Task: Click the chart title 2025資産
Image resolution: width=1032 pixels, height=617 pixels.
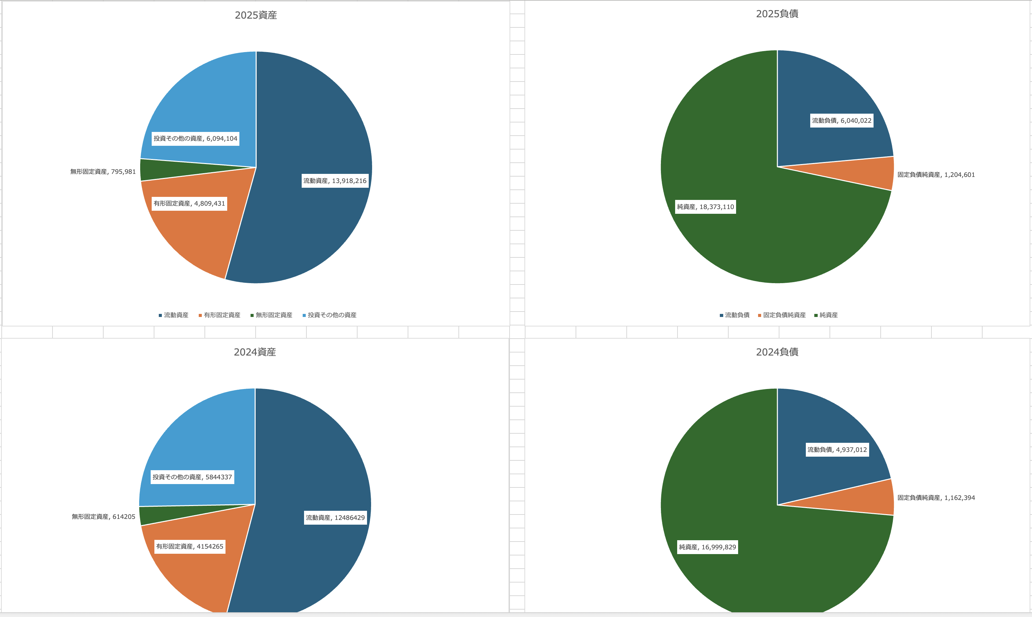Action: point(256,15)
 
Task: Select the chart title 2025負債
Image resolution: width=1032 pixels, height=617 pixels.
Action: point(777,14)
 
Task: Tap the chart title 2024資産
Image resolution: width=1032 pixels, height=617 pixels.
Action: point(255,352)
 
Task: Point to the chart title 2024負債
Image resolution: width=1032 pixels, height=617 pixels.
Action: point(777,352)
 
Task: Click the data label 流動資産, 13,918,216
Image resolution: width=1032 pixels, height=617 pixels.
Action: point(335,181)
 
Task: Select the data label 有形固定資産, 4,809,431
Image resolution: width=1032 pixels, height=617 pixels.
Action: point(189,203)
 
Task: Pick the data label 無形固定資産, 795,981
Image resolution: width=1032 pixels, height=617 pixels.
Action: point(103,172)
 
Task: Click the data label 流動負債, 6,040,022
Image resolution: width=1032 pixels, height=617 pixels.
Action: point(841,120)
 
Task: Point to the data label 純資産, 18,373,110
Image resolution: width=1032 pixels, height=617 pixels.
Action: point(705,207)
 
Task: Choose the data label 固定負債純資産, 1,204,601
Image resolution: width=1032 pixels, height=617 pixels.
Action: point(936,175)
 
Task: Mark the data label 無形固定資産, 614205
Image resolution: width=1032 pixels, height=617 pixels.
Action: point(103,517)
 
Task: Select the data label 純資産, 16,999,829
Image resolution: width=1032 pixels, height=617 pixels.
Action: point(707,547)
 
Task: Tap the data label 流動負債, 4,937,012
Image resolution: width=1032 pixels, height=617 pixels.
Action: point(837,450)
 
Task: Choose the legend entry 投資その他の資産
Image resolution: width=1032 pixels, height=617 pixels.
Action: point(332,315)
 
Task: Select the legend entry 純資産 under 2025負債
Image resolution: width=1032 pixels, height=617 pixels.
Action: point(828,315)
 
